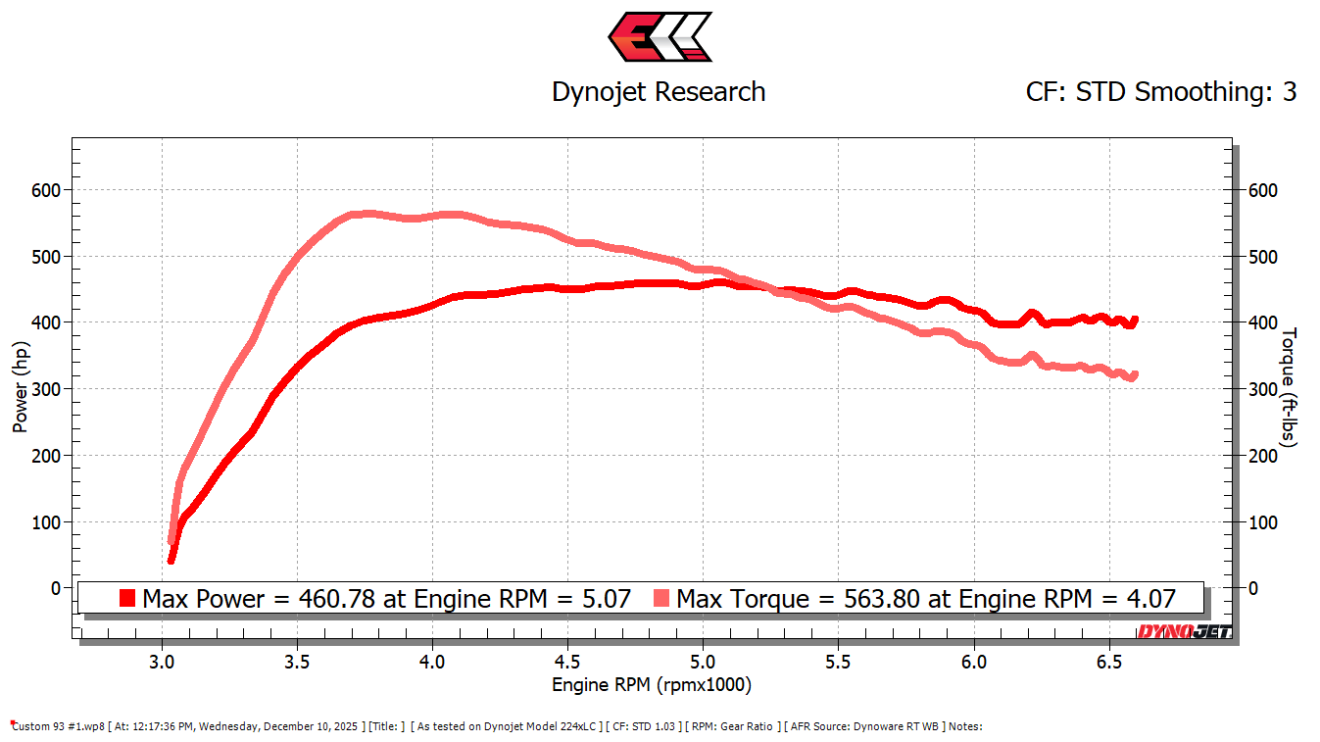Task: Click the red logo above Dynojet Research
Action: [x=660, y=37]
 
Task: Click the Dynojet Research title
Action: [x=659, y=92]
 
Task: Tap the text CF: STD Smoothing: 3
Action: [x=1161, y=92]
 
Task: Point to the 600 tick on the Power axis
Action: [x=45, y=190]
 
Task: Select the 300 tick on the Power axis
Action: [x=45, y=389]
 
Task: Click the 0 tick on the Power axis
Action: [x=55, y=588]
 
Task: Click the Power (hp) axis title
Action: [x=21, y=387]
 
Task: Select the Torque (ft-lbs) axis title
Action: [x=1290, y=387]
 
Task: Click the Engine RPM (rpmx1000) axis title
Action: [x=652, y=684]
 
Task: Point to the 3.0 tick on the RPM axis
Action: [x=162, y=662]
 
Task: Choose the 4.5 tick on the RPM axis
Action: [x=568, y=662]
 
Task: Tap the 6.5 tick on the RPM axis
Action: [x=1109, y=662]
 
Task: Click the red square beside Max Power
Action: [x=126, y=598]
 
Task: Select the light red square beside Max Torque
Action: [x=661, y=598]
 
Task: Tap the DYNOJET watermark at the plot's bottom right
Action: [x=1184, y=632]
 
